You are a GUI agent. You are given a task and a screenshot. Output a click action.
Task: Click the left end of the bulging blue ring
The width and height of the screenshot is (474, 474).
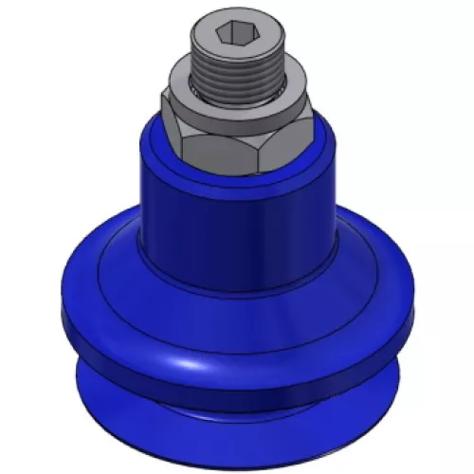64,303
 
